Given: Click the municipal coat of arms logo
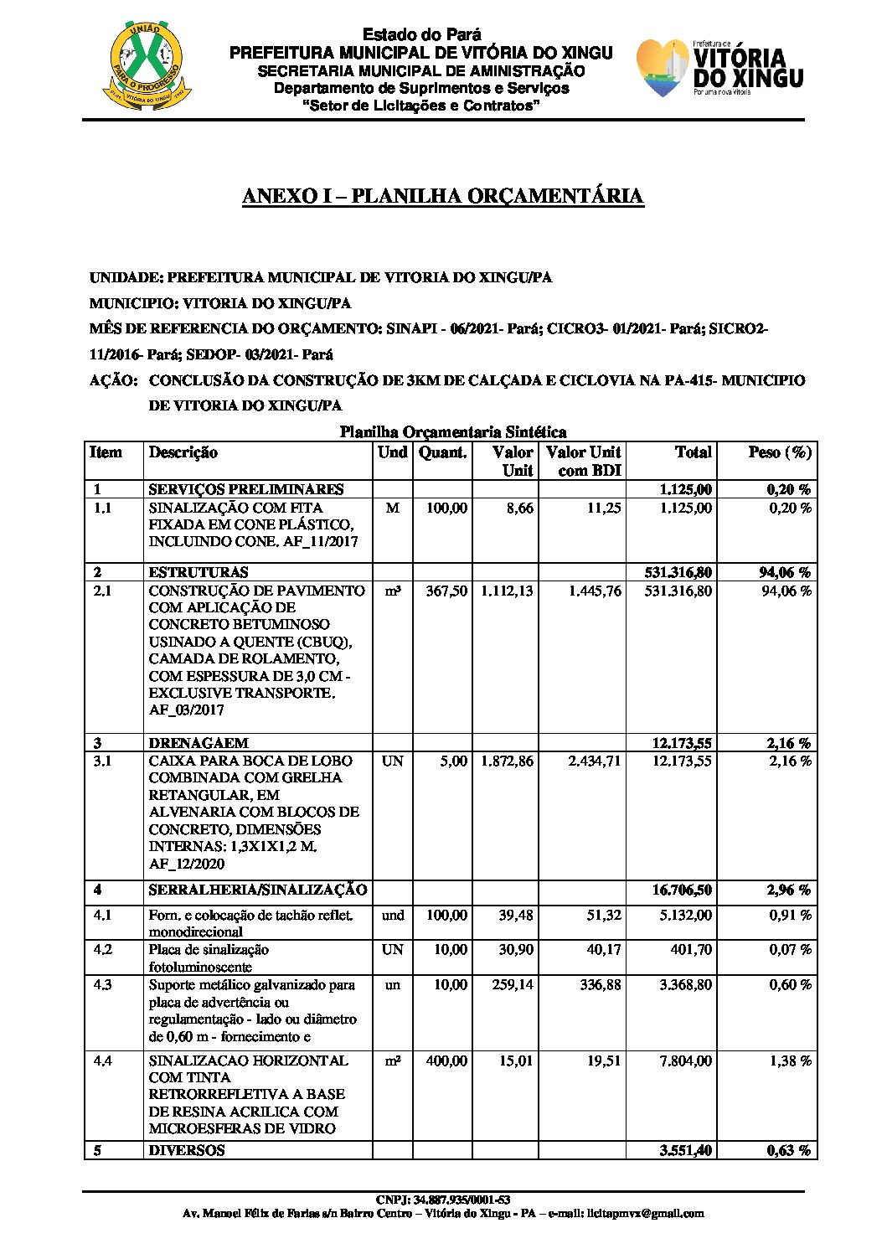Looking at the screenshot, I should (147, 65).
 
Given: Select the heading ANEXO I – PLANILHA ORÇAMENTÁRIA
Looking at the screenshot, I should (442, 196).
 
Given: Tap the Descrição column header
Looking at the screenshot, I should (183, 452).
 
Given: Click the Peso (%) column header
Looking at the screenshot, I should (779, 452).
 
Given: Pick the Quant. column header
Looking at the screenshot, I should (442, 452).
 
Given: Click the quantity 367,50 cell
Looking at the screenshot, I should (446, 591).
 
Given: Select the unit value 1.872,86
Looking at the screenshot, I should (507, 761).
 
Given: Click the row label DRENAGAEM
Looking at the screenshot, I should (199, 743).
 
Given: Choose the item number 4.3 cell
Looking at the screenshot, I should (103, 985).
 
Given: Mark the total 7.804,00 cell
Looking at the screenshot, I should (685, 1061).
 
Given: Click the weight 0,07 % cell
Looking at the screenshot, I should (790, 950).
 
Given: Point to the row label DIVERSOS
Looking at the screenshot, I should (187, 1151).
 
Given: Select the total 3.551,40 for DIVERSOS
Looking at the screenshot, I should (685, 1151).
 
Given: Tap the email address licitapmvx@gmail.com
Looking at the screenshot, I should (645, 1213).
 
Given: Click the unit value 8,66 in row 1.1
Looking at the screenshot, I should (519, 508).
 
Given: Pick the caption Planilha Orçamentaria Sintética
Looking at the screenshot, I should (452, 432).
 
